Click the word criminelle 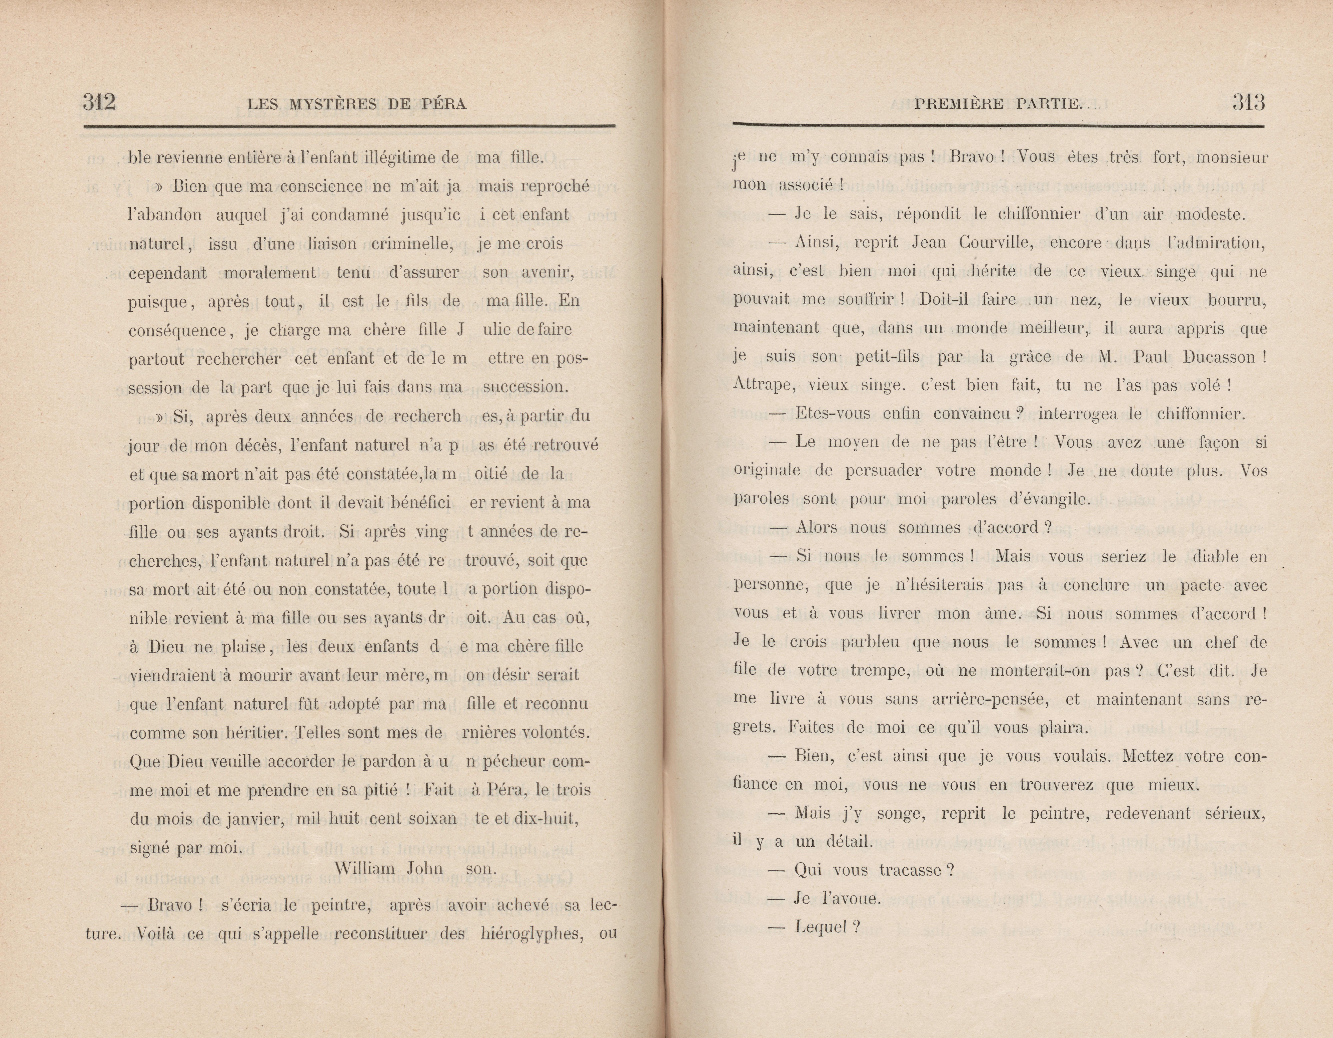click(x=413, y=244)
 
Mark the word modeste click(x=1210, y=214)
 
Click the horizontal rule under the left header click(x=349, y=126)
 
